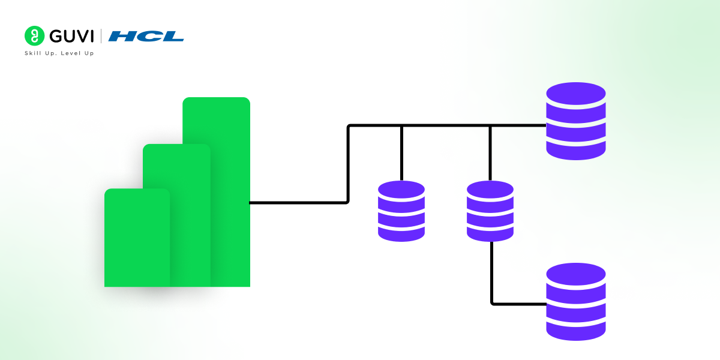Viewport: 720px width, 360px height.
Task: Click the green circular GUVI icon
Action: click(35, 36)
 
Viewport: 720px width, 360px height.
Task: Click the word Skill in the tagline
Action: click(32, 53)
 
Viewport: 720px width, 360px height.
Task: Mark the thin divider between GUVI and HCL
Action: click(101, 36)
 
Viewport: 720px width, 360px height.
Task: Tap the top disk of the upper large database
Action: click(576, 94)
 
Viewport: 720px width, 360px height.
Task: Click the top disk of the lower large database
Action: click(576, 275)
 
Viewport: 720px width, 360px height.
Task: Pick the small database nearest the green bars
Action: click(401, 211)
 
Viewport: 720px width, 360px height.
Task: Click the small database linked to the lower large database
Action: click(490, 211)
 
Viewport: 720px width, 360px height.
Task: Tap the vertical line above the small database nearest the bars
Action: click(401, 153)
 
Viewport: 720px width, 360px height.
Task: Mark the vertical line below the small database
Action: click(491, 273)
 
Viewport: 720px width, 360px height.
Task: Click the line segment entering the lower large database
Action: click(520, 304)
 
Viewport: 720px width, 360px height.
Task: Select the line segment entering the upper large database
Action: click(519, 125)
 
